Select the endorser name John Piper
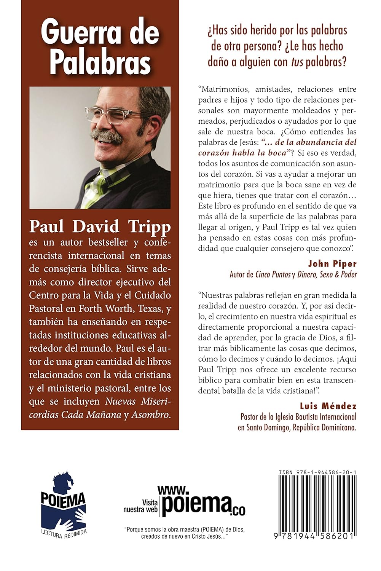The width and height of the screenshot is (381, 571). (332, 263)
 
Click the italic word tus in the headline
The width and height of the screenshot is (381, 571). (297, 62)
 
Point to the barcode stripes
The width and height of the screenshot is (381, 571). (317, 502)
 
